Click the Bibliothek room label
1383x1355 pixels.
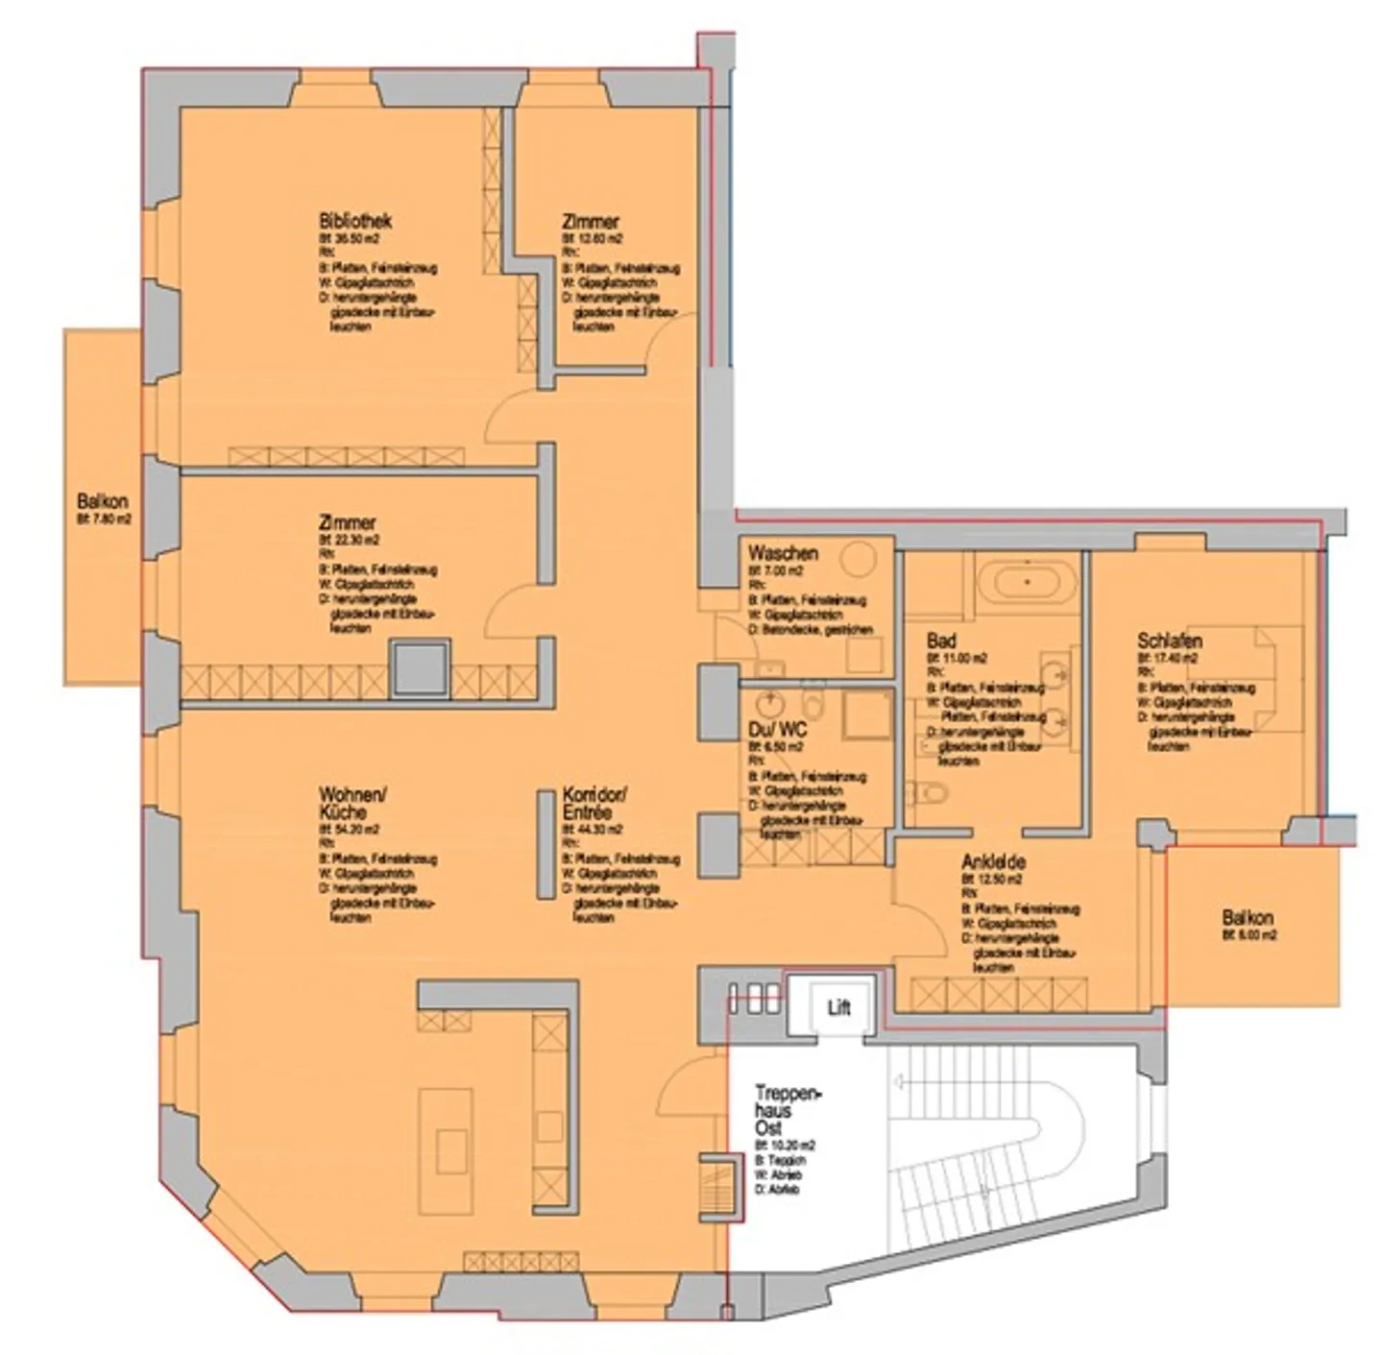click(354, 221)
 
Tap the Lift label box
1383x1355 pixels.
click(838, 1007)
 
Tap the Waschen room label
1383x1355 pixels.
click(783, 553)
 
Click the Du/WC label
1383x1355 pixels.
click(776, 730)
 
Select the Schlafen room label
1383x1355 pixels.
click(1169, 641)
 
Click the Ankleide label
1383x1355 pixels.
click(993, 862)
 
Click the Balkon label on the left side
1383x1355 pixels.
click(102, 501)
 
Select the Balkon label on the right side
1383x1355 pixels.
click(1248, 917)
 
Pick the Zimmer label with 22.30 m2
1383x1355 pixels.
click(347, 523)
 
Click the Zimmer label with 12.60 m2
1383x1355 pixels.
click(590, 221)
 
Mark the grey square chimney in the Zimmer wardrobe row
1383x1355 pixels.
click(419, 665)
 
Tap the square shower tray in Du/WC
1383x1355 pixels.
click(864, 714)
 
